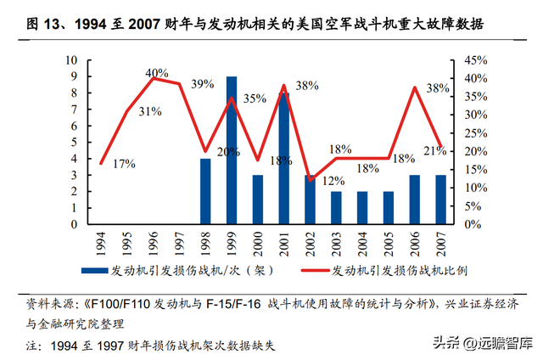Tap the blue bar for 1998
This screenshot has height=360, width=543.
click(x=205, y=191)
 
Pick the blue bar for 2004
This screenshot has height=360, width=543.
click(x=363, y=208)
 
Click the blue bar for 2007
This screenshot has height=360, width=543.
click(x=441, y=200)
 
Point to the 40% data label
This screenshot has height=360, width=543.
click(x=157, y=74)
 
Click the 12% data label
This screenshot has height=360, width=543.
click(x=333, y=181)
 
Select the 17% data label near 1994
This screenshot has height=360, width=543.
click(x=124, y=163)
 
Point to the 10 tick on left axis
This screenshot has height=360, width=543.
click(x=73, y=59)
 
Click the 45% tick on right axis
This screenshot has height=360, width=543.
click(x=474, y=59)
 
